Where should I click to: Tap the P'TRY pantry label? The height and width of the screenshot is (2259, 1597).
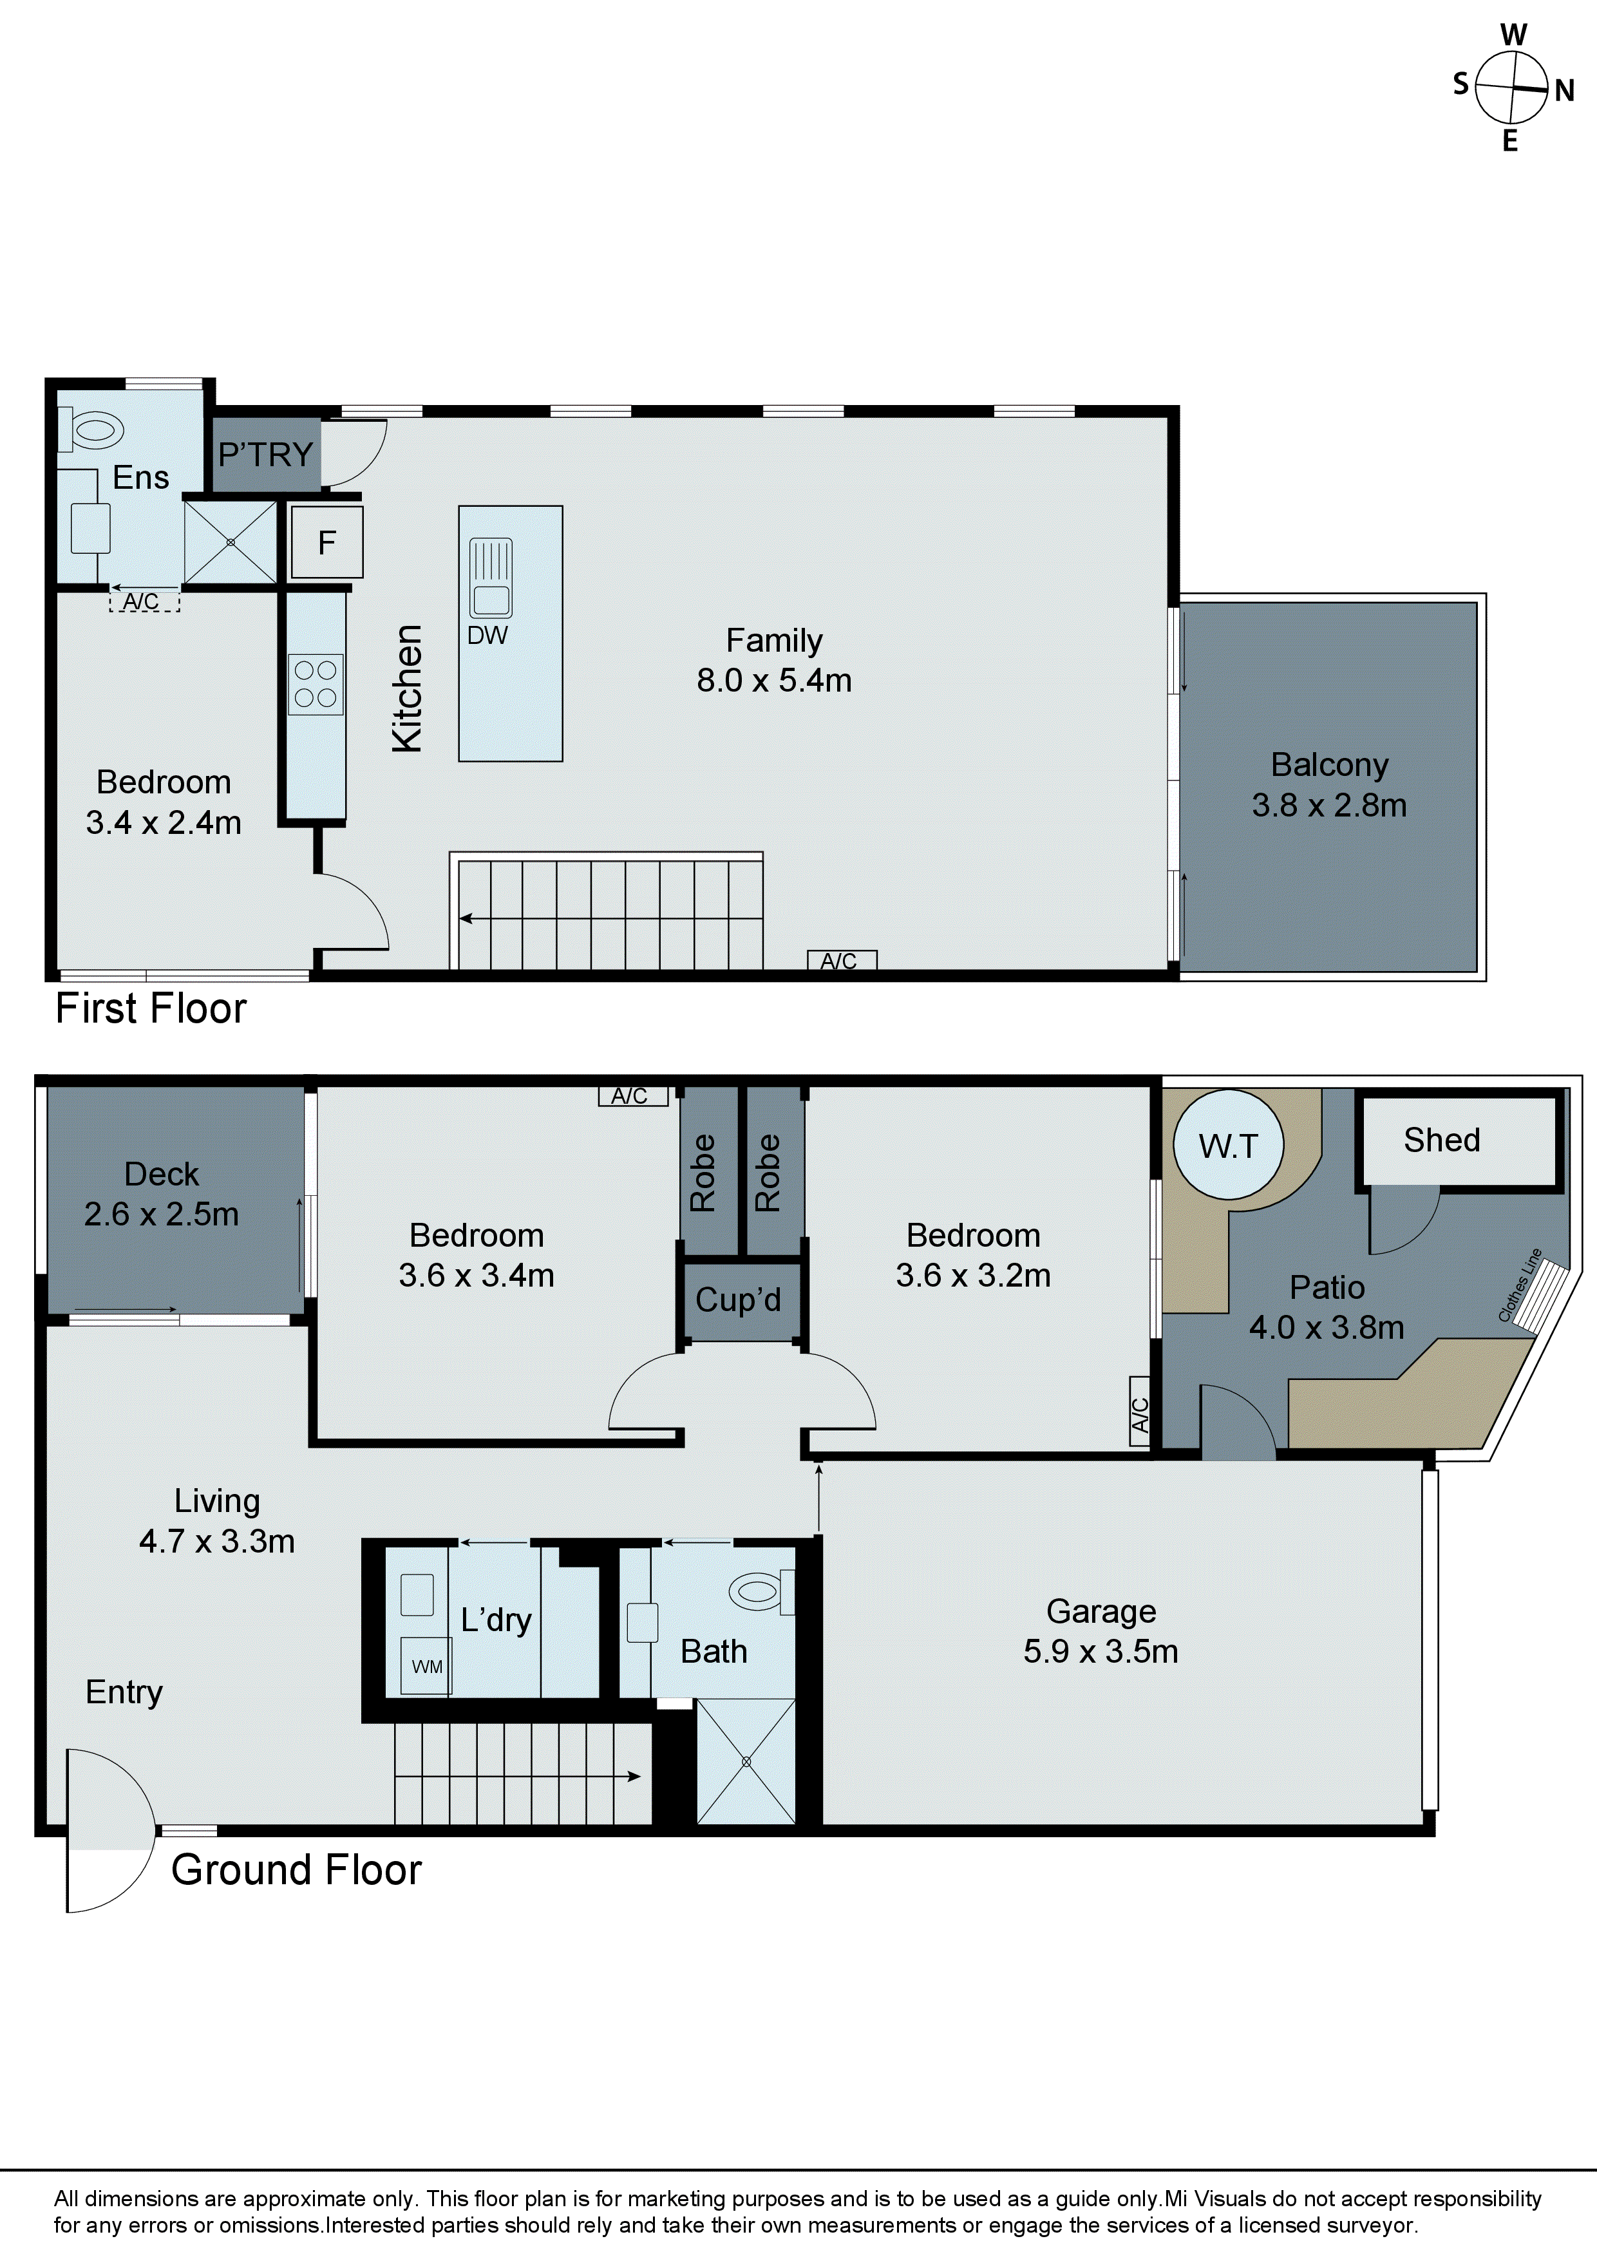click(x=266, y=455)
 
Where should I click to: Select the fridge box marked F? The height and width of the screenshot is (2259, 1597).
click(x=326, y=542)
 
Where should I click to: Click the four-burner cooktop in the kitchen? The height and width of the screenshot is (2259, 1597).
click(x=316, y=684)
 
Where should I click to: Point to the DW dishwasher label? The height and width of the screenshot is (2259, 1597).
click(x=487, y=636)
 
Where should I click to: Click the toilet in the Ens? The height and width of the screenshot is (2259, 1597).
click(x=93, y=430)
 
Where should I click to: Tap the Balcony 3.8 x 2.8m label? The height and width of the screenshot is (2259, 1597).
click(x=1328, y=784)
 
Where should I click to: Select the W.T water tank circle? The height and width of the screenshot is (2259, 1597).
click(x=1228, y=1145)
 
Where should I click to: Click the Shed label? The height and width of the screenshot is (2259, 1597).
click(x=1442, y=1139)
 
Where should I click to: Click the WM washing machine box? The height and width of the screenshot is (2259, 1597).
click(x=426, y=1666)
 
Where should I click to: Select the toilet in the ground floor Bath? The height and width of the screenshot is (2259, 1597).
click(x=760, y=1591)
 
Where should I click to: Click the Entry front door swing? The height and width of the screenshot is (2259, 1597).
click(x=108, y=1831)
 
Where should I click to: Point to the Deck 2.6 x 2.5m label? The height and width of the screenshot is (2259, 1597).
click(x=162, y=1193)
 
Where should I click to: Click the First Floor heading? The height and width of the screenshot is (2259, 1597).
click(x=151, y=1008)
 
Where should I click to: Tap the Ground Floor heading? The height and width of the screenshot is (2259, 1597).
click(x=296, y=1869)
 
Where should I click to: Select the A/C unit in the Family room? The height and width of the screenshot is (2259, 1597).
click(x=841, y=960)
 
